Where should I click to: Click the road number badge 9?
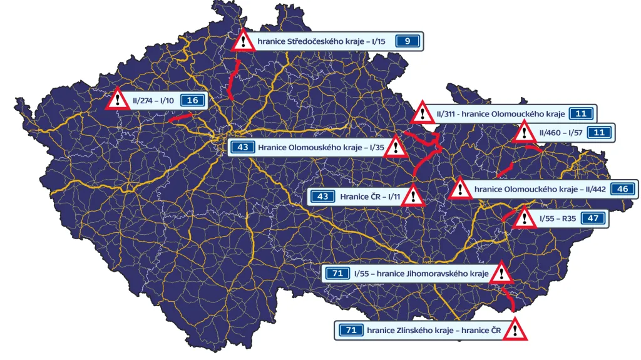[x=408, y=42]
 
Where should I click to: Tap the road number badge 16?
[x=193, y=100]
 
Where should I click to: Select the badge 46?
[x=622, y=189]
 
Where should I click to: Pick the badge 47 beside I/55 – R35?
[x=592, y=219]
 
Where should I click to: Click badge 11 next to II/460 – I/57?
[x=599, y=132]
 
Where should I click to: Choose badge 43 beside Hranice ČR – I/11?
[x=323, y=197]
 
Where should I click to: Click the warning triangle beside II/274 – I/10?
[x=117, y=100]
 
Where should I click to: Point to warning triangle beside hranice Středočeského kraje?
[x=242, y=41]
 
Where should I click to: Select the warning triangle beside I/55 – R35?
[x=523, y=218]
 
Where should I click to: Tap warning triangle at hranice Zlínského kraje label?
[x=515, y=329]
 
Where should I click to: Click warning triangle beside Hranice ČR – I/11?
[x=413, y=196]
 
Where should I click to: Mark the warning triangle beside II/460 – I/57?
[x=523, y=132]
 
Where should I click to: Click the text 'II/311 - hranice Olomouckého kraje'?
[x=501, y=114]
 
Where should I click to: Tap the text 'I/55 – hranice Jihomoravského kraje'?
[x=421, y=274]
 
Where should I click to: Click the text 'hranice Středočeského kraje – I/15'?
[x=320, y=42]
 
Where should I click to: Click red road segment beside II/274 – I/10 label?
[x=180, y=116]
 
